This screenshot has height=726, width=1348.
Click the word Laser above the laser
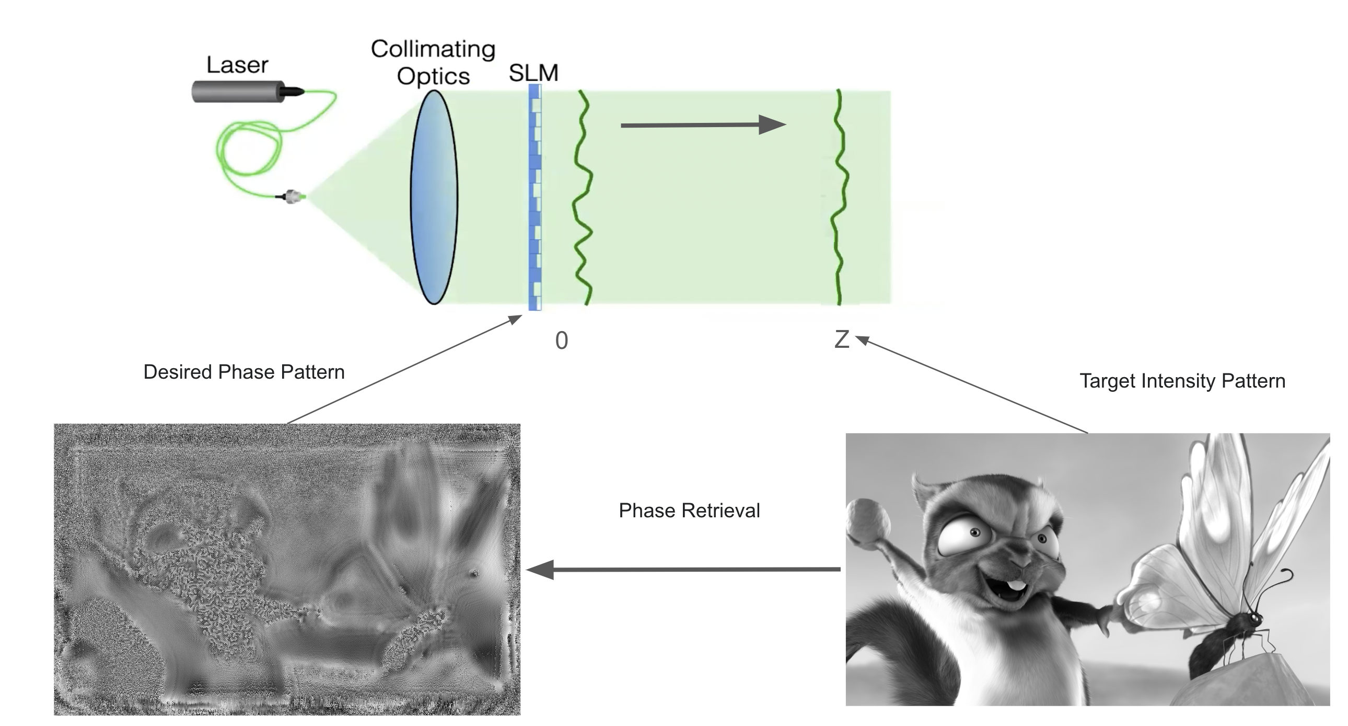237,65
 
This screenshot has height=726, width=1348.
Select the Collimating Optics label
433,62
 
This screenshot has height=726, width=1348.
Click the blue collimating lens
434,198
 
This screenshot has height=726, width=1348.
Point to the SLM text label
533,73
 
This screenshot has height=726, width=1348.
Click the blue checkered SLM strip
534,198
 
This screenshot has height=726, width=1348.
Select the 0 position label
562,341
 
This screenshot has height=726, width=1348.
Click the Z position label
841,339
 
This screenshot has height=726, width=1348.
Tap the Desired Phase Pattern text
244,372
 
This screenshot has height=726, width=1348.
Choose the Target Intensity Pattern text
1182,381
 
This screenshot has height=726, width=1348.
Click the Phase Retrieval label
689,511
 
